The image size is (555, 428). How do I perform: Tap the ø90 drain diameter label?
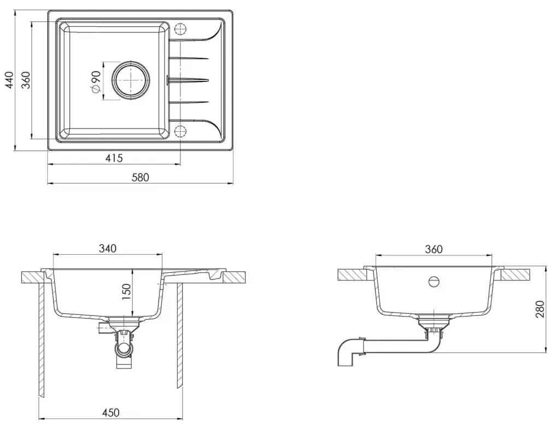pyautogui.click(x=95, y=80)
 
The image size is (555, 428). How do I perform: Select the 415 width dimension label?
pyautogui.click(x=114, y=159)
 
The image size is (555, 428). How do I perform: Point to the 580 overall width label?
pyautogui.click(x=140, y=177)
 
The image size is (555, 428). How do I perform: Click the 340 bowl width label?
pyautogui.click(x=107, y=249)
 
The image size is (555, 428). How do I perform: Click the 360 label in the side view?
pyautogui.click(x=433, y=249)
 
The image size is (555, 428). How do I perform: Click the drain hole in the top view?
pyautogui.click(x=131, y=80)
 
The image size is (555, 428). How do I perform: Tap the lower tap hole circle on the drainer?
pyautogui.click(x=181, y=131)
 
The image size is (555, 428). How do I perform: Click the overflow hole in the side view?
pyautogui.click(x=434, y=282)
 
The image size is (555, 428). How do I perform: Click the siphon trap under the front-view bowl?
pyautogui.click(x=124, y=348)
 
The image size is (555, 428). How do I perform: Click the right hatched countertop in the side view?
pyautogui.click(x=517, y=274)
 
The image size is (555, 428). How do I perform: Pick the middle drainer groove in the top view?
pyautogui.click(x=189, y=80)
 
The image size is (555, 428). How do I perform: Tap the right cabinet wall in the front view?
pyautogui.click(x=179, y=339)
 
